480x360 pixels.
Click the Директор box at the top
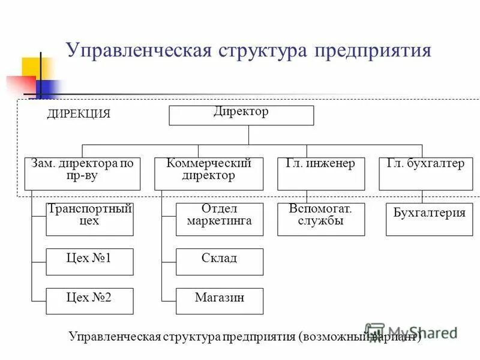(241, 115)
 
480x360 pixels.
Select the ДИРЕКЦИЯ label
(79, 114)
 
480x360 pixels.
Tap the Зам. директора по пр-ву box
(82, 174)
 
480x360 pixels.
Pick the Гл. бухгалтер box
(422, 174)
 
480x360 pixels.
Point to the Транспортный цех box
(89, 219)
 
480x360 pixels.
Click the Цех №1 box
(89, 262)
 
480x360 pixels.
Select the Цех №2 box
(89, 301)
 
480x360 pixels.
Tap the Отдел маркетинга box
(219, 219)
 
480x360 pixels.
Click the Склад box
(219, 262)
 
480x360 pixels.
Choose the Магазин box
(219, 301)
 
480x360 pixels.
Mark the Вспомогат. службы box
(320, 219)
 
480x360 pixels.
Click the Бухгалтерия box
(429, 219)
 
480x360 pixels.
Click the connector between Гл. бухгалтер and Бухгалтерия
(422, 197)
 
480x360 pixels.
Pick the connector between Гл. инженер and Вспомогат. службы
(307, 197)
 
